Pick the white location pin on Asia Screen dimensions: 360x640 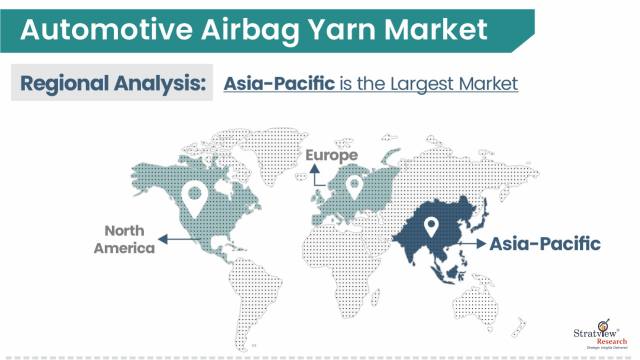click(432, 227)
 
